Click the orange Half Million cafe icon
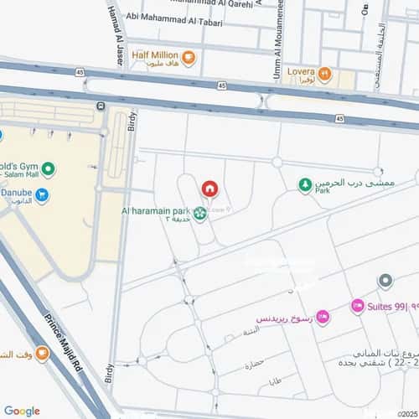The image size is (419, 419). (x=189, y=58)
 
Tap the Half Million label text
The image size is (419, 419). (x=155, y=55)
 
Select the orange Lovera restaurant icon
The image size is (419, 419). (x=323, y=74)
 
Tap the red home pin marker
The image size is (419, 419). (x=209, y=188)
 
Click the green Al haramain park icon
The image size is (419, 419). (x=199, y=213)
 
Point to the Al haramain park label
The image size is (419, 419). (x=155, y=209)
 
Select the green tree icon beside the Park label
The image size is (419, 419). (x=306, y=185)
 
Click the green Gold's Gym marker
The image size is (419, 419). (x=49, y=170)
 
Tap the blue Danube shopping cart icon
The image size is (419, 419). (x=41, y=196)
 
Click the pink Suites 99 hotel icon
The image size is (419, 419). (x=357, y=307)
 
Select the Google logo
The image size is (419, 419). (x=21, y=411)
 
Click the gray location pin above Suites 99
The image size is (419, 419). (x=385, y=281)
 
